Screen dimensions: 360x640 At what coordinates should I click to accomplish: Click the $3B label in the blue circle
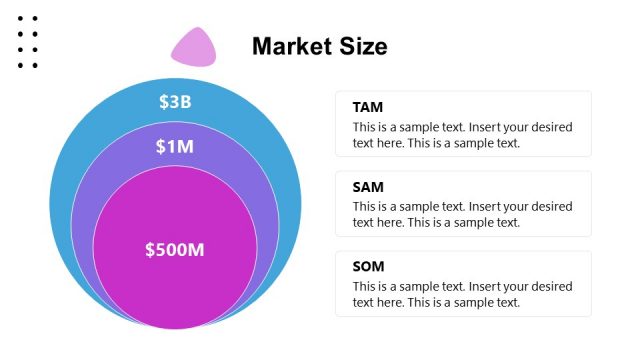point(175,101)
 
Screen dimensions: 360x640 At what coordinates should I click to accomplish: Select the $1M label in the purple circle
point(175,147)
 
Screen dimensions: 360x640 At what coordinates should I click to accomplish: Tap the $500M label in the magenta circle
point(175,250)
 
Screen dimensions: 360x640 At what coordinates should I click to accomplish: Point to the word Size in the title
point(362,46)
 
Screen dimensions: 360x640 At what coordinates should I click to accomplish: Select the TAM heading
point(368,107)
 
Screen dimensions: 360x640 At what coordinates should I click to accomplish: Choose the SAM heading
point(368,187)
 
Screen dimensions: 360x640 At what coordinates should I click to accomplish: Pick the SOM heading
point(369,267)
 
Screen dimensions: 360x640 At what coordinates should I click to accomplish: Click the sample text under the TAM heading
point(462,135)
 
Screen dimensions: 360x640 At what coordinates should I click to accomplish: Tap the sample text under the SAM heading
point(462,215)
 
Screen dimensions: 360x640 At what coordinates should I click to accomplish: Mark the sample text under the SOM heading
point(462,295)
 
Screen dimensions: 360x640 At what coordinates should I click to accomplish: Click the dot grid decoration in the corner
point(28,42)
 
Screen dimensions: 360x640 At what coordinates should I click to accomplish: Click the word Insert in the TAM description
point(489,127)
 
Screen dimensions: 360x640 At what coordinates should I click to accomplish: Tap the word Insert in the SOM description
point(489,287)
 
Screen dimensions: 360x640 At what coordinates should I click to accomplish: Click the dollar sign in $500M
point(150,250)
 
